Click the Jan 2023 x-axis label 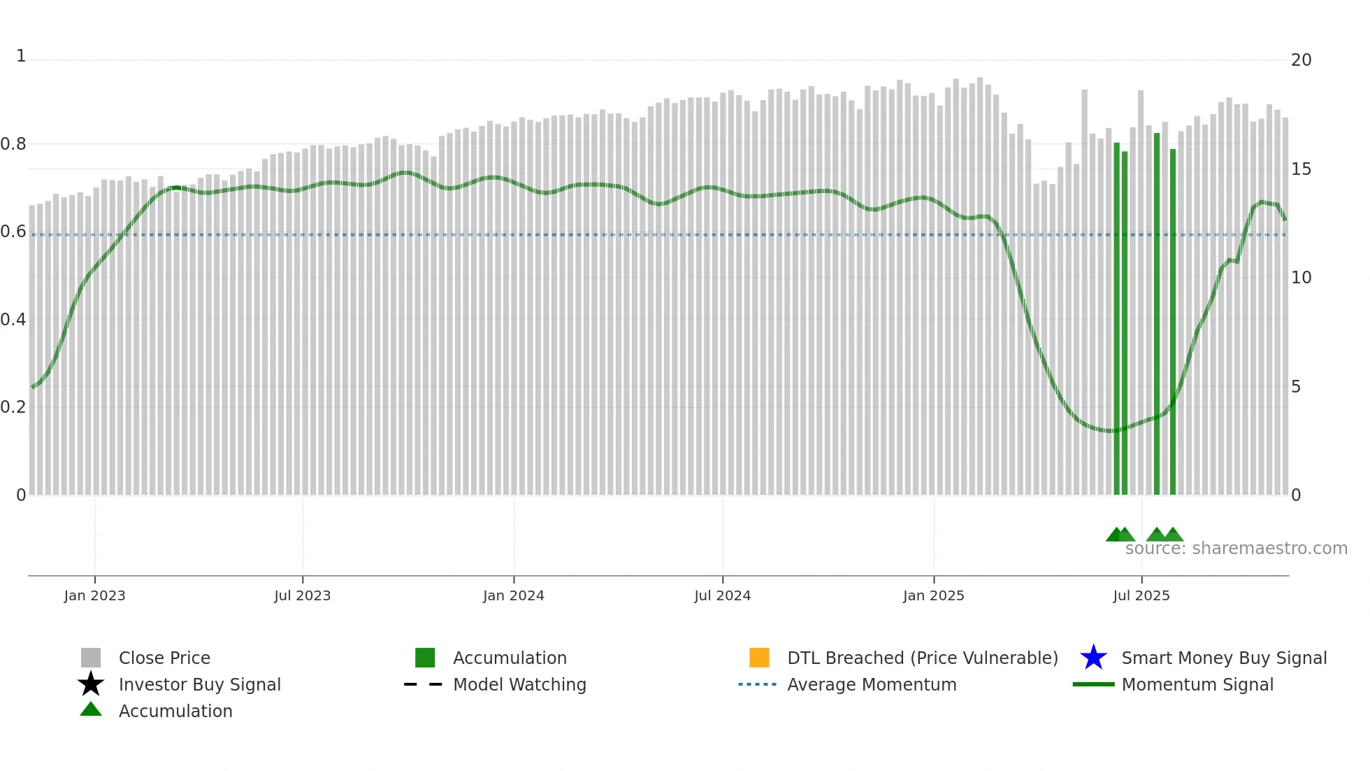pos(94,595)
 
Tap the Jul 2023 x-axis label pos(302,595)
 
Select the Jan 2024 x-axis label pos(513,595)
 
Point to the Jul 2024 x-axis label pos(722,595)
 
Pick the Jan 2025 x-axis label pos(933,595)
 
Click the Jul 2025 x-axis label pos(1141,595)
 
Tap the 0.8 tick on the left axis pos(13,144)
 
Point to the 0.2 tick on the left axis pos(13,407)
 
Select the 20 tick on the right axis pos(1301,60)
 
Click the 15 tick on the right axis pos(1301,169)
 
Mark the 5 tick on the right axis pos(1296,387)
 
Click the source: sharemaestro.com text pos(1236,549)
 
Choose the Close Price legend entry pos(164,658)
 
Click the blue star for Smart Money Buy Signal pos(1093,658)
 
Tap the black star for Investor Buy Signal pos(91,684)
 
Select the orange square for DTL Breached pos(759,658)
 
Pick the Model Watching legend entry pos(519,684)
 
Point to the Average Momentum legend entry pos(872,684)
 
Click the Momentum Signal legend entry pos(1197,684)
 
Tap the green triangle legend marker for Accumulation pos(91,709)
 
